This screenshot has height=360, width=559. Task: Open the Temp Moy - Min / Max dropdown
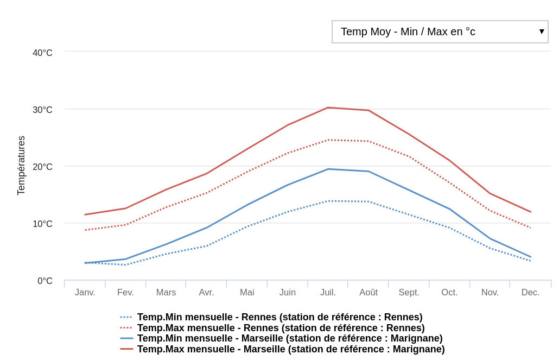(x=440, y=31)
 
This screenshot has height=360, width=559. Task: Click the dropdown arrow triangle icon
(x=541, y=31)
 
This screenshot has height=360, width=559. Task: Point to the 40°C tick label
(x=42, y=53)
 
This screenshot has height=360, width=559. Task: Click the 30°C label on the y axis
(x=42, y=110)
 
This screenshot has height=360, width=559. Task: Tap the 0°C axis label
(x=45, y=281)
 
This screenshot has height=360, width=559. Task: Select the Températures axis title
(x=21, y=166)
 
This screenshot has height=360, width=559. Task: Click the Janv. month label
(x=85, y=292)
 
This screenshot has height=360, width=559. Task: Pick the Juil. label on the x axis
(x=328, y=292)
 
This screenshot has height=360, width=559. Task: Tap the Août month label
(x=369, y=292)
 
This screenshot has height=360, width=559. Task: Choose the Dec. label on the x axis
(x=530, y=292)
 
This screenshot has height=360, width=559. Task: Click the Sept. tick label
(x=409, y=292)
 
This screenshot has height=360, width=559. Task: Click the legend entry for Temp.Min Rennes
(x=279, y=317)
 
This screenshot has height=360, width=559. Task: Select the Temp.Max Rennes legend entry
(x=281, y=328)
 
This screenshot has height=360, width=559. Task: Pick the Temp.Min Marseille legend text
(x=290, y=338)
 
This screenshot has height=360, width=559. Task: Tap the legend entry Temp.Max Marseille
(x=291, y=349)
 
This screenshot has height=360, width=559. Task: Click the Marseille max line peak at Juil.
(x=328, y=108)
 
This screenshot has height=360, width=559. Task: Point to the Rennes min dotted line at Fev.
(x=126, y=264)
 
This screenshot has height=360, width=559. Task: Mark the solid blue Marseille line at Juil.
(x=328, y=169)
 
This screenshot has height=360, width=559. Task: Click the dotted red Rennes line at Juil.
(x=328, y=140)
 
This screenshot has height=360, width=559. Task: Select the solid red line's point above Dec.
(x=530, y=212)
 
